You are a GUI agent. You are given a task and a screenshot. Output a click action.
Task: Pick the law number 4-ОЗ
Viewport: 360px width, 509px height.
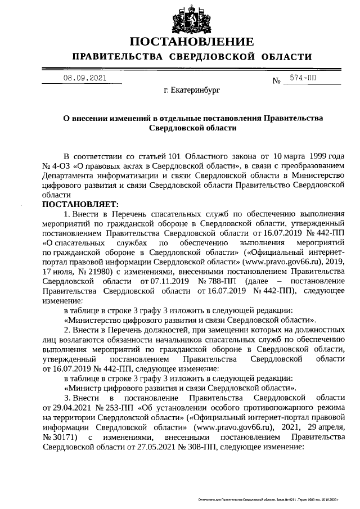[x=59, y=165]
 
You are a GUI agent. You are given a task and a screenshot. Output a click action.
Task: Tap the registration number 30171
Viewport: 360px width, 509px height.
[x=63, y=437]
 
